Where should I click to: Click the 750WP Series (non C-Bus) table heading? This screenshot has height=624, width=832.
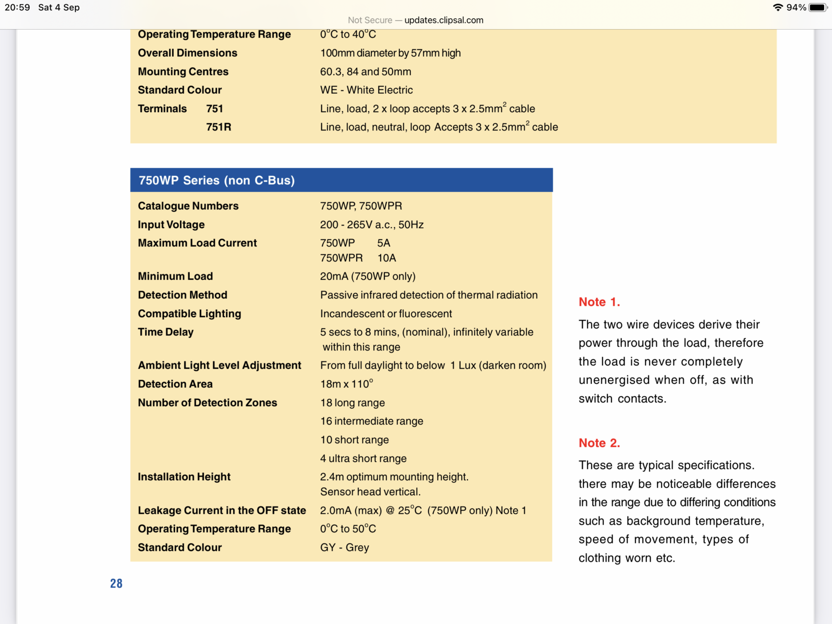216,180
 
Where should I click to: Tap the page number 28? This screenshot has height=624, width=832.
116,583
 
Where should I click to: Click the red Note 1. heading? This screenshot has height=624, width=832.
599,302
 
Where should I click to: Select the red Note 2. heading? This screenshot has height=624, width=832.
599,443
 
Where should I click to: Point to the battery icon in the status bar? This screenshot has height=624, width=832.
817,7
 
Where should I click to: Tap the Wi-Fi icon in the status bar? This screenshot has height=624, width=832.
778,7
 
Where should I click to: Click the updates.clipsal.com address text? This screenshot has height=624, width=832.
444,20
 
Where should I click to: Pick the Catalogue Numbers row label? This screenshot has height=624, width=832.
188,206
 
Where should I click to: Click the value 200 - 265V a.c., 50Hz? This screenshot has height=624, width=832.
372,225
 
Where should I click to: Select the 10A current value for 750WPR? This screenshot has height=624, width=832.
386,258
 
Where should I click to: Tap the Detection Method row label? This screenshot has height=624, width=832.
183,295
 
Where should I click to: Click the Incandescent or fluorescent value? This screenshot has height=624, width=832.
386,314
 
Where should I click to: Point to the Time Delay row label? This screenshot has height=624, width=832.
165,332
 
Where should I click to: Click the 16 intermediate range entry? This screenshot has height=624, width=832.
371,421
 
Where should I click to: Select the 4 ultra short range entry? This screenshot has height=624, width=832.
363,459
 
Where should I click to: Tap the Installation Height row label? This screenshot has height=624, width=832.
184,477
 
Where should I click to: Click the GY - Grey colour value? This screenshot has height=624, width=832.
344,548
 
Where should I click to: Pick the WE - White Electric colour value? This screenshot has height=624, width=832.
366,90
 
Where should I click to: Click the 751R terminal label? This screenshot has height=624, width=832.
218,127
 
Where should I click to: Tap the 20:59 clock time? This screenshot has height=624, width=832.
17,7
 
